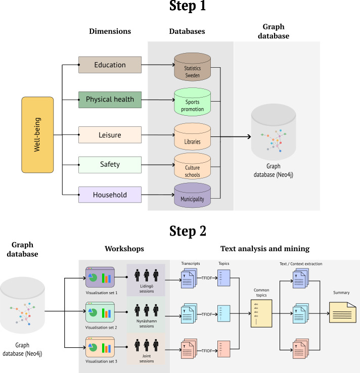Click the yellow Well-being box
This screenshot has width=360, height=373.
37,135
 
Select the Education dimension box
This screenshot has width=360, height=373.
110,65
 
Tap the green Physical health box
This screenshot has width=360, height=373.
110,99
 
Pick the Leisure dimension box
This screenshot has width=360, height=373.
110,135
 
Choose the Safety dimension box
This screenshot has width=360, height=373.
110,164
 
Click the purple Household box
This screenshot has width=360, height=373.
110,194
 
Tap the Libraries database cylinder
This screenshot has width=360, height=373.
192,137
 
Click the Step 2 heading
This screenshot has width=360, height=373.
180,231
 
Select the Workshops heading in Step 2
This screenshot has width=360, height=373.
124,249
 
